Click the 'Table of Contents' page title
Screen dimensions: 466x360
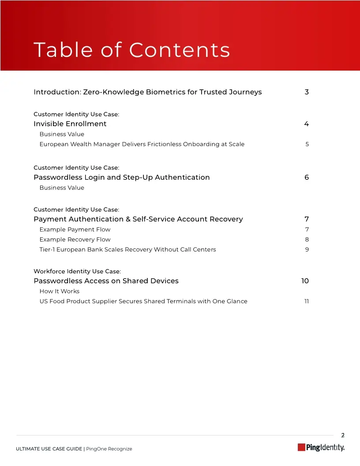tap(131, 50)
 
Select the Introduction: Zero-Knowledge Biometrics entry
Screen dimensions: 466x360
tap(147, 92)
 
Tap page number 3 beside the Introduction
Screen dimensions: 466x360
tap(307, 92)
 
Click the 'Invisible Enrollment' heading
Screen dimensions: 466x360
tap(70, 124)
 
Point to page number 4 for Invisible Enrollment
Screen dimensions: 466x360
tap(307, 124)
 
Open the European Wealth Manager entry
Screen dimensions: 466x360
tap(142, 144)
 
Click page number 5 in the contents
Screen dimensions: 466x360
tap(307, 144)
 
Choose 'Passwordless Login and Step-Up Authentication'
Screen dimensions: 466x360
tap(121, 177)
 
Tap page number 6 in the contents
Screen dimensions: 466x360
tap(307, 177)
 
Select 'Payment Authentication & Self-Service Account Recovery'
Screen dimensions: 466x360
tap(138, 219)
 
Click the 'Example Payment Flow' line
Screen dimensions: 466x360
tap(75, 229)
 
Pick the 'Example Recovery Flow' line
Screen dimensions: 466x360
tap(75, 240)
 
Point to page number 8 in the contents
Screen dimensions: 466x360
tap(307, 240)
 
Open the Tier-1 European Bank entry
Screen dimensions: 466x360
tap(127, 250)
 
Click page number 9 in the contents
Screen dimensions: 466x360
tap(307, 250)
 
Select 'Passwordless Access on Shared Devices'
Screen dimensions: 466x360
tap(106, 281)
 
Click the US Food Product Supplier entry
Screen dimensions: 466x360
tap(143, 301)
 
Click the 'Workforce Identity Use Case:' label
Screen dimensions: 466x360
tap(77, 271)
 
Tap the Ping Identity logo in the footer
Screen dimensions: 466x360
tap(321, 447)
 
